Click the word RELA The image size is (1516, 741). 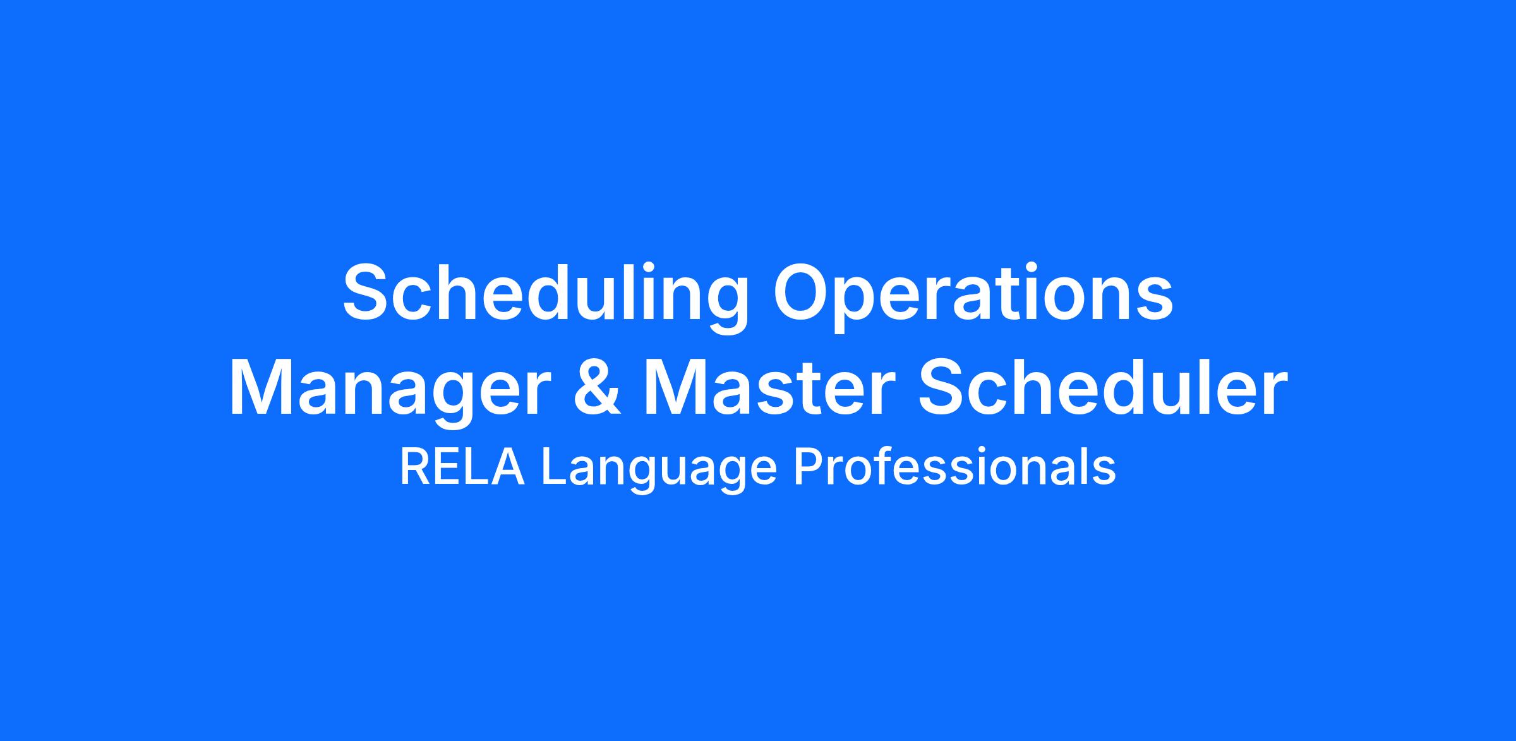coord(462,468)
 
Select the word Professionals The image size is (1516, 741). coord(954,468)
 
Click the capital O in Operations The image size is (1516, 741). coord(805,291)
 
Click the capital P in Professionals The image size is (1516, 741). coord(809,468)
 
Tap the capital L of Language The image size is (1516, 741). coord(554,468)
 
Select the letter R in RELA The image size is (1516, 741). coord(415,468)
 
